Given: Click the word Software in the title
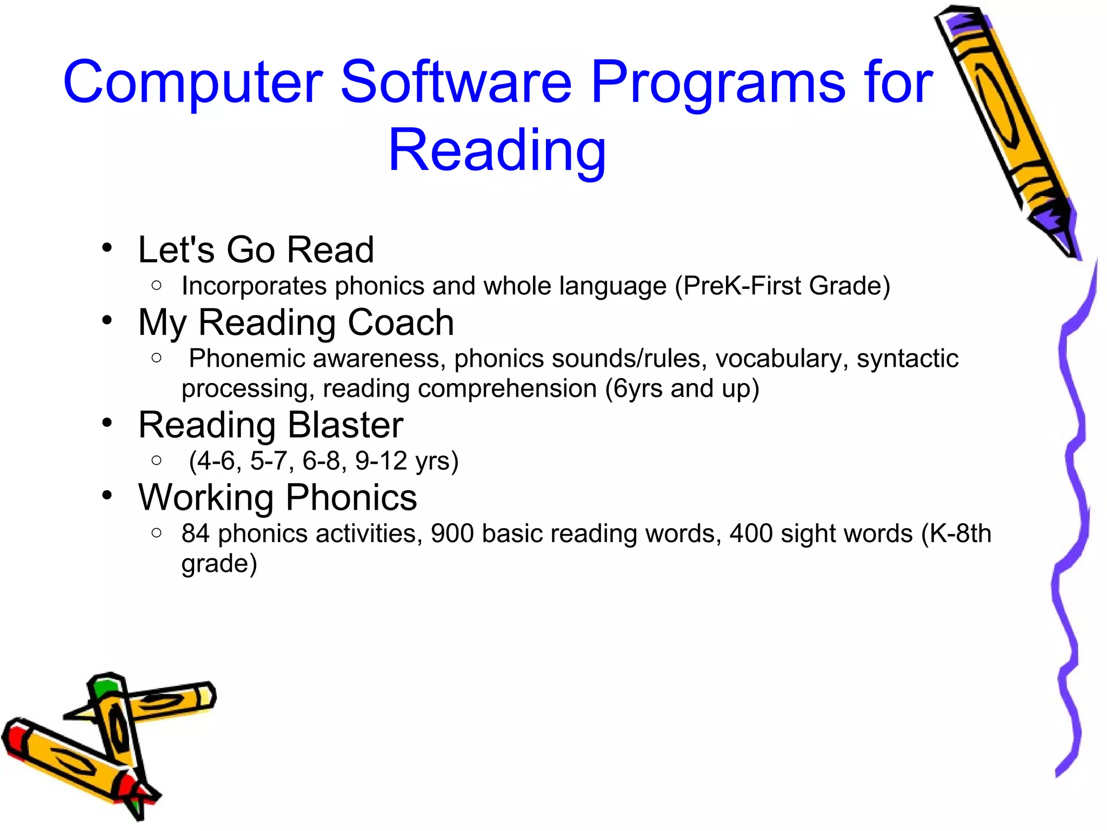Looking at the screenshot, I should coord(456,82).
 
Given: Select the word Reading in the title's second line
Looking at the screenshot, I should coord(497,150).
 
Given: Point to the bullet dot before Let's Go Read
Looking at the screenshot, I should coord(107,248).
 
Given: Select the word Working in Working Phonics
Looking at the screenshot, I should coord(205,498).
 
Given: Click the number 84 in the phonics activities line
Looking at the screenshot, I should coord(195,533).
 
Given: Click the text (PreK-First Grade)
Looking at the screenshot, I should coord(782,286).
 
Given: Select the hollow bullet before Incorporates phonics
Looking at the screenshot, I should coord(157,285).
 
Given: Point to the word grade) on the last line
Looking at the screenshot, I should coord(219,564).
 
